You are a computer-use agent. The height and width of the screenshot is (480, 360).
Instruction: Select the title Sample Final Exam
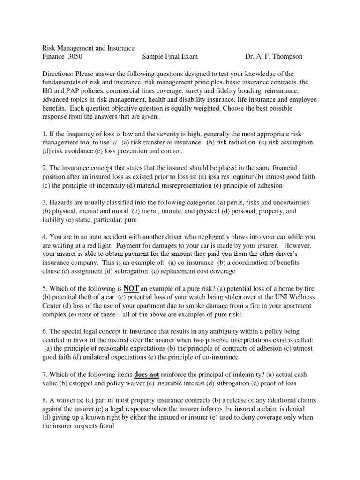tap(170, 57)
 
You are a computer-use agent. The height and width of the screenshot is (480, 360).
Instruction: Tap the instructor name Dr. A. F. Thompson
tap(274, 57)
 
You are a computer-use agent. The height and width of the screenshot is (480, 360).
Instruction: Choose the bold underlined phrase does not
tap(146, 375)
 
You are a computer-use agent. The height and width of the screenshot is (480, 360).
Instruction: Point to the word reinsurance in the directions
tap(277, 91)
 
